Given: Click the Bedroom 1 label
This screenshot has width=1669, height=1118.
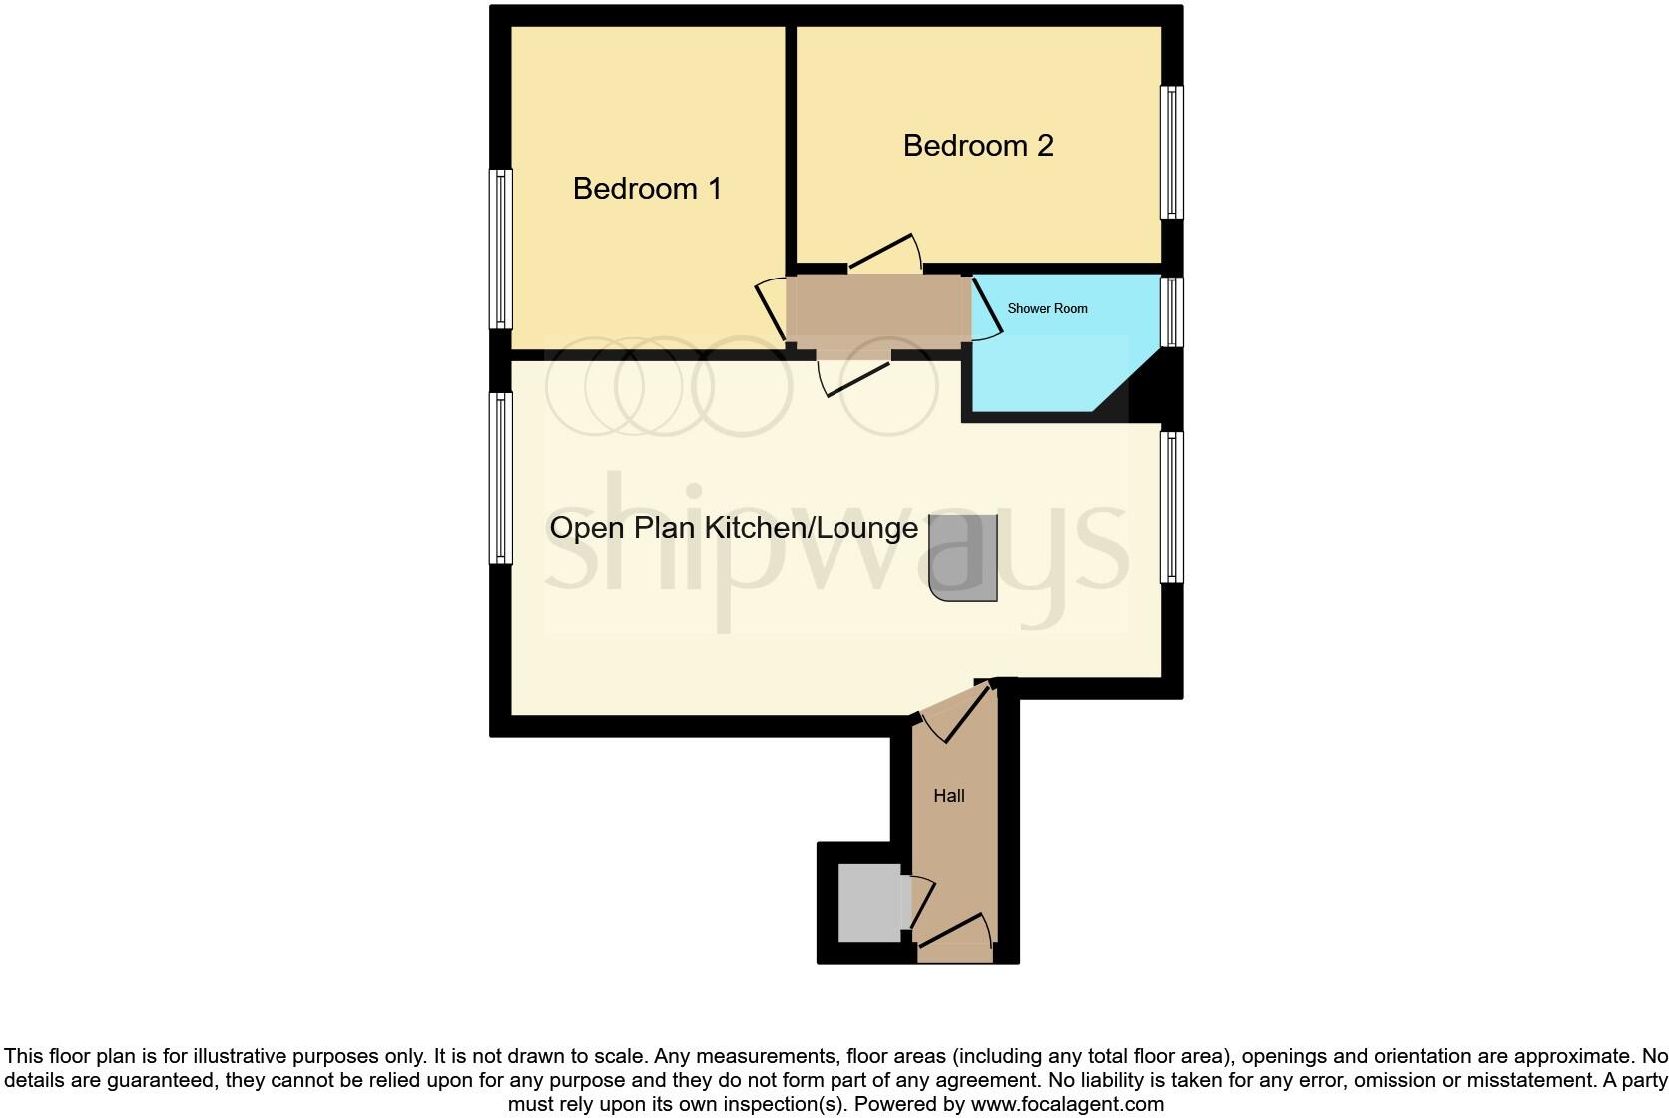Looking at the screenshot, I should click(x=647, y=189).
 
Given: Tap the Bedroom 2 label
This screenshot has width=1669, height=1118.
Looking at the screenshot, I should click(x=978, y=146).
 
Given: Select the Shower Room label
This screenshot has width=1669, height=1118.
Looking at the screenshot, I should click(x=1047, y=309).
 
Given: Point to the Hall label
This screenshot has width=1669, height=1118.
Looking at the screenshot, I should click(x=949, y=796).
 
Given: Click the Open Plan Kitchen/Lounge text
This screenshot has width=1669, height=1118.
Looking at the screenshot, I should click(x=734, y=528).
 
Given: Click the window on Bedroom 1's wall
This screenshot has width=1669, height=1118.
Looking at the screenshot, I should click(x=500, y=249).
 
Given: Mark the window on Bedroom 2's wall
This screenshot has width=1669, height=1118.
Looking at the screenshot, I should click(x=1171, y=152).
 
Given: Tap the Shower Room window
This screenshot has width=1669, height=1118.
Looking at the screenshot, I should click(x=1171, y=311).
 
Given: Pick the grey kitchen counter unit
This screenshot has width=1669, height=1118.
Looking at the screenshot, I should click(x=964, y=558).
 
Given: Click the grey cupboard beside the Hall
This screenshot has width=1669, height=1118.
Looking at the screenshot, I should click(x=869, y=904).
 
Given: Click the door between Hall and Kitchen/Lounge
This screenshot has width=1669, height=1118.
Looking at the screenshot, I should click(x=955, y=711).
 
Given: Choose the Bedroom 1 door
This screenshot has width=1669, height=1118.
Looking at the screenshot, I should click(x=773, y=309).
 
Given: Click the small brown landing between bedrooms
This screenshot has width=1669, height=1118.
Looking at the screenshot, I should click(x=878, y=311).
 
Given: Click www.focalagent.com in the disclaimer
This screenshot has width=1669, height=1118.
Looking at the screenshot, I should click(x=1067, y=1104).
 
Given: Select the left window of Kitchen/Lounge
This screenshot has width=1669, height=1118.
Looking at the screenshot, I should click(x=500, y=477).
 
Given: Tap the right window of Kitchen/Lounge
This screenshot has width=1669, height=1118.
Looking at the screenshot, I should click(x=1171, y=507).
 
